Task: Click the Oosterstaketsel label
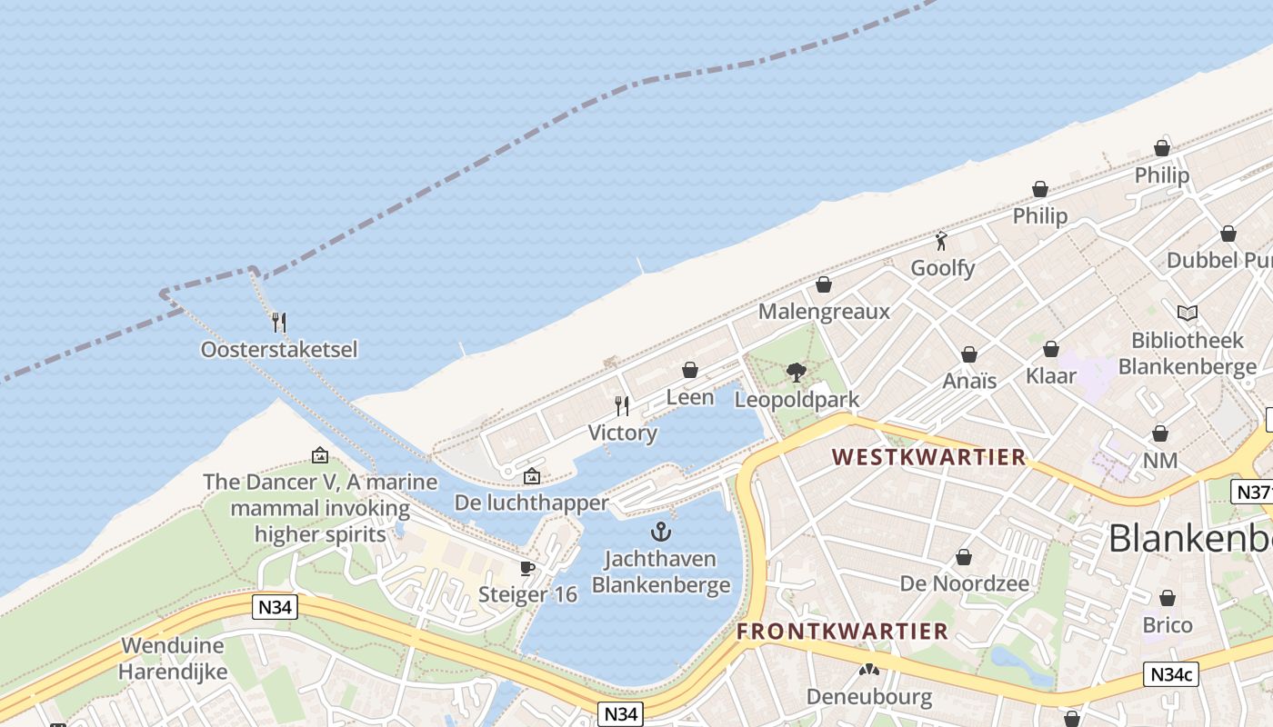[x=279, y=349]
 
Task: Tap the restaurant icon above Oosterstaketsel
[x=279, y=322]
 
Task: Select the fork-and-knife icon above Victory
[x=622, y=405]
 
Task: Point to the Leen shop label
[x=690, y=397]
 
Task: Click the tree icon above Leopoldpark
[x=797, y=373]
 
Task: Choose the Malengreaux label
[x=824, y=312]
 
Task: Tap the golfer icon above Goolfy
[x=942, y=241]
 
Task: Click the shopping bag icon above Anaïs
[x=969, y=354]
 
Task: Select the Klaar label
[x=1050, y=376]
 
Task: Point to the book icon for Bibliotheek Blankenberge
[x=1187, y=314]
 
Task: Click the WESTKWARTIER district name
[x=929, y=457]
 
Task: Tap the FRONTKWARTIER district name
[x=842, y=632]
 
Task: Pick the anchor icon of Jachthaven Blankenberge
[x=661, y=532]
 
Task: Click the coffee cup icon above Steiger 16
[x=526, y=568]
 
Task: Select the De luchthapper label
[x=532, y=503]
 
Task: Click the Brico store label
[x=1168, y=625]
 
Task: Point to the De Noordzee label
[x=965, y=583]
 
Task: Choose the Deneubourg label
[x=869, y=697]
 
